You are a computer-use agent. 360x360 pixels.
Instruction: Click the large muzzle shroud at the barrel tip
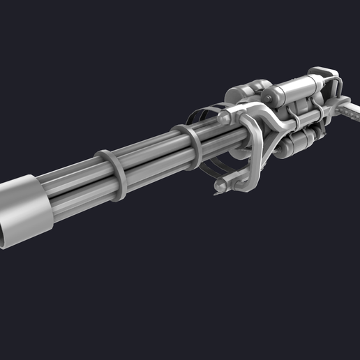click(x=25, y=209)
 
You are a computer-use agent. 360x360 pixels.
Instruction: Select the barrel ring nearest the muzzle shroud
click(x=112, y=171)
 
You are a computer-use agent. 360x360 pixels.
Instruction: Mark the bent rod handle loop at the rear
click(x=336, y=87)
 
